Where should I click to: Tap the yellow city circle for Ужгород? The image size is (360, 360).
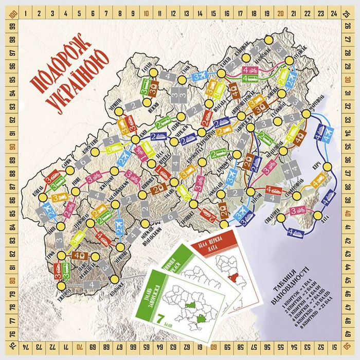(61, 286)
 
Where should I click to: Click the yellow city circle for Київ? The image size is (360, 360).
(135, 139)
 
